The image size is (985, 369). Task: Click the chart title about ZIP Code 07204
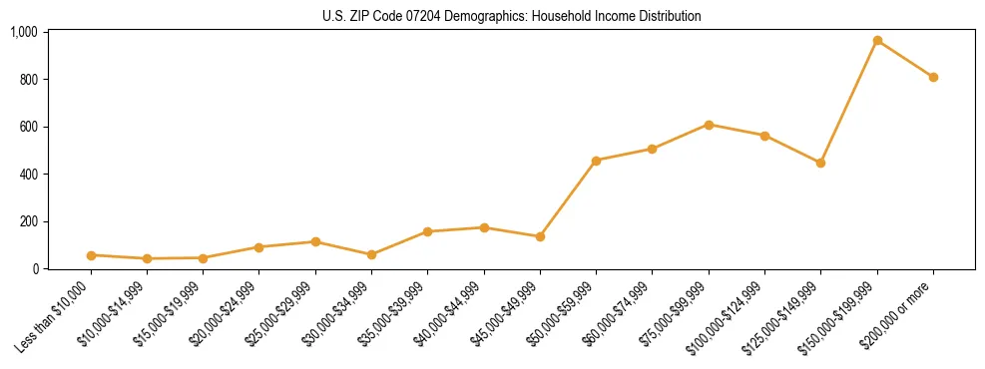(x=512, y=16)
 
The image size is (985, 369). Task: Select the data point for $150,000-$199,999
(x=877, y=41)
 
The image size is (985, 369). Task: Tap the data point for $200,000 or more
(x=933, y=77)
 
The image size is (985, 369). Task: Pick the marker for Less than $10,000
(x=91, y=255)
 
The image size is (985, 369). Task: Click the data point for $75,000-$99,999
(x=709, y=125)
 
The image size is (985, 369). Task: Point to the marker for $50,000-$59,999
(x=596, y=161)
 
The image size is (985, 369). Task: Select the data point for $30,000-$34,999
(x=371, y=254)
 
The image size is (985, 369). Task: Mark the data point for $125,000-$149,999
(x=820, y=163)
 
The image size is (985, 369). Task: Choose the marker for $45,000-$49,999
(x=540, y=236)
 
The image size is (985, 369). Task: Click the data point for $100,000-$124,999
(x=764, y=136)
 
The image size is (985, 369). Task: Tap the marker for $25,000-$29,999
(x=315, y=241)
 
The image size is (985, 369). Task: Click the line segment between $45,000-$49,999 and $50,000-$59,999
(x=568, y=198)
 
